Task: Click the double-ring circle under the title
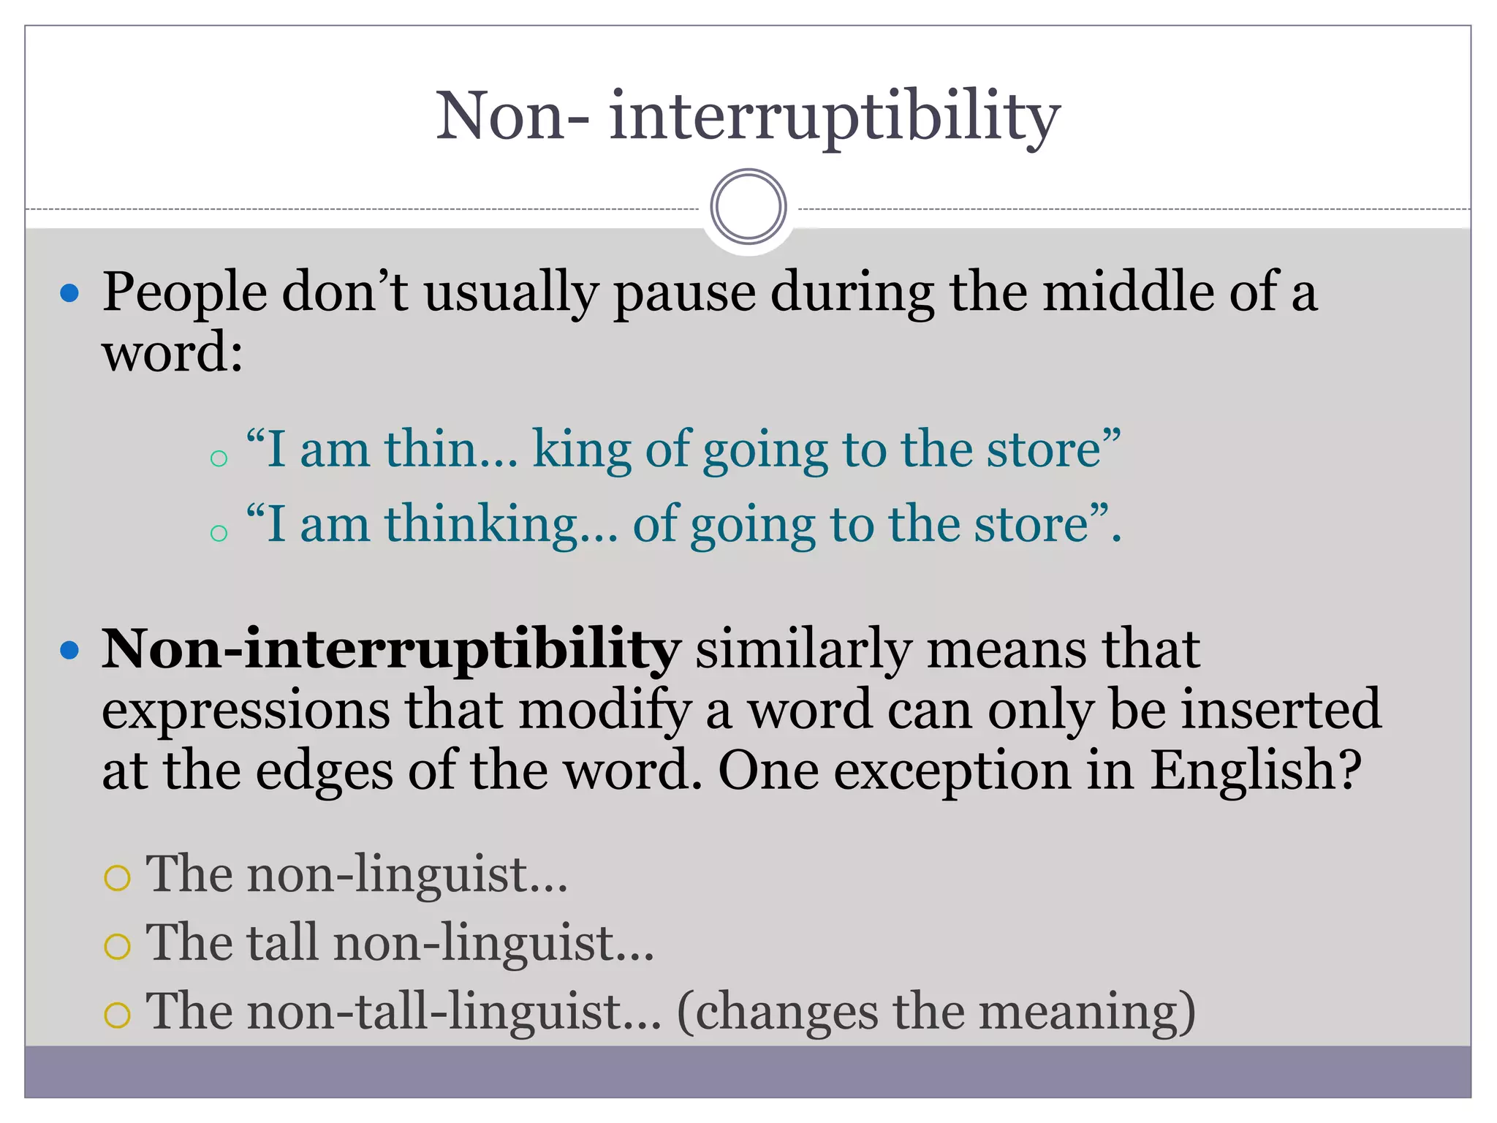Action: click(748, 207)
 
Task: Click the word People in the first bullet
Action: click(184, 292)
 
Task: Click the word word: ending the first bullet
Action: click(173, 353)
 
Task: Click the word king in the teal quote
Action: click(582, 450)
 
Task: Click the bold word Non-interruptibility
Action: click(391, 650)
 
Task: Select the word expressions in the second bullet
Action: click(246, 711)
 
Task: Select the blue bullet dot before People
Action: click(69, 294)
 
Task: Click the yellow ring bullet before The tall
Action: click(118, 946)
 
